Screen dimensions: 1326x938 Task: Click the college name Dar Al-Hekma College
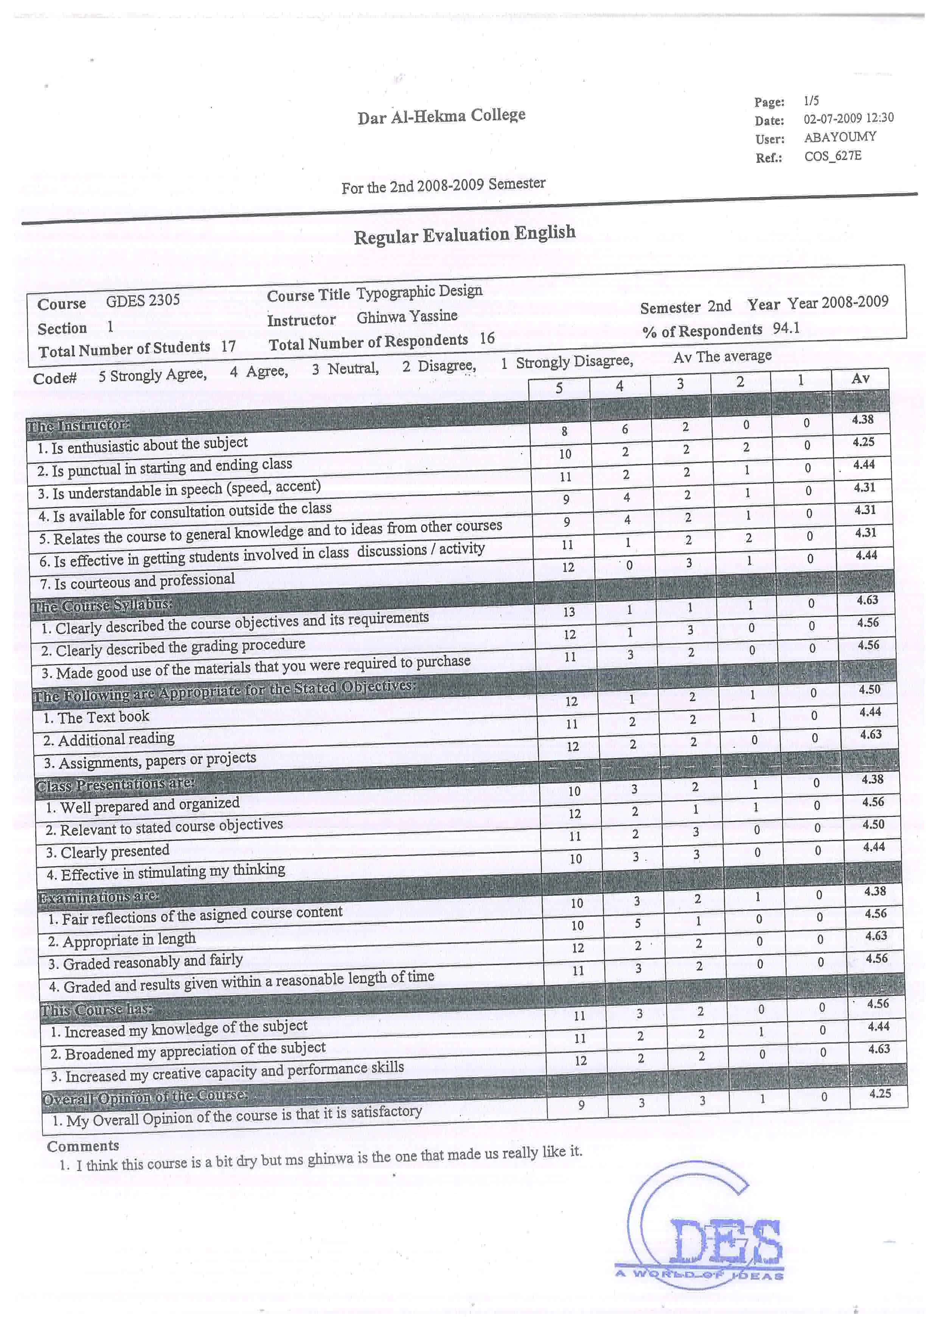[x=441, y=116]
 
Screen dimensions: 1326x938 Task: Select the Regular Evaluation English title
[x=464, y=235]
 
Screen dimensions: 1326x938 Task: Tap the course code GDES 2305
[x=143, y=300]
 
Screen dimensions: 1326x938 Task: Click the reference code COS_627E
[x=832, y=156]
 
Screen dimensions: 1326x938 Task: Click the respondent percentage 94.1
[x=786, y=328]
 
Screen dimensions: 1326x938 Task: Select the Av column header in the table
[x=860, y=378]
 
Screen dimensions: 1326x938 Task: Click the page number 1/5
[x=811, y=101]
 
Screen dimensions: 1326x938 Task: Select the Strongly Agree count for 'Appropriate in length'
[x=578, y=926]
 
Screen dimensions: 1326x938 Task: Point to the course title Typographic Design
[x=419, y=292]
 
